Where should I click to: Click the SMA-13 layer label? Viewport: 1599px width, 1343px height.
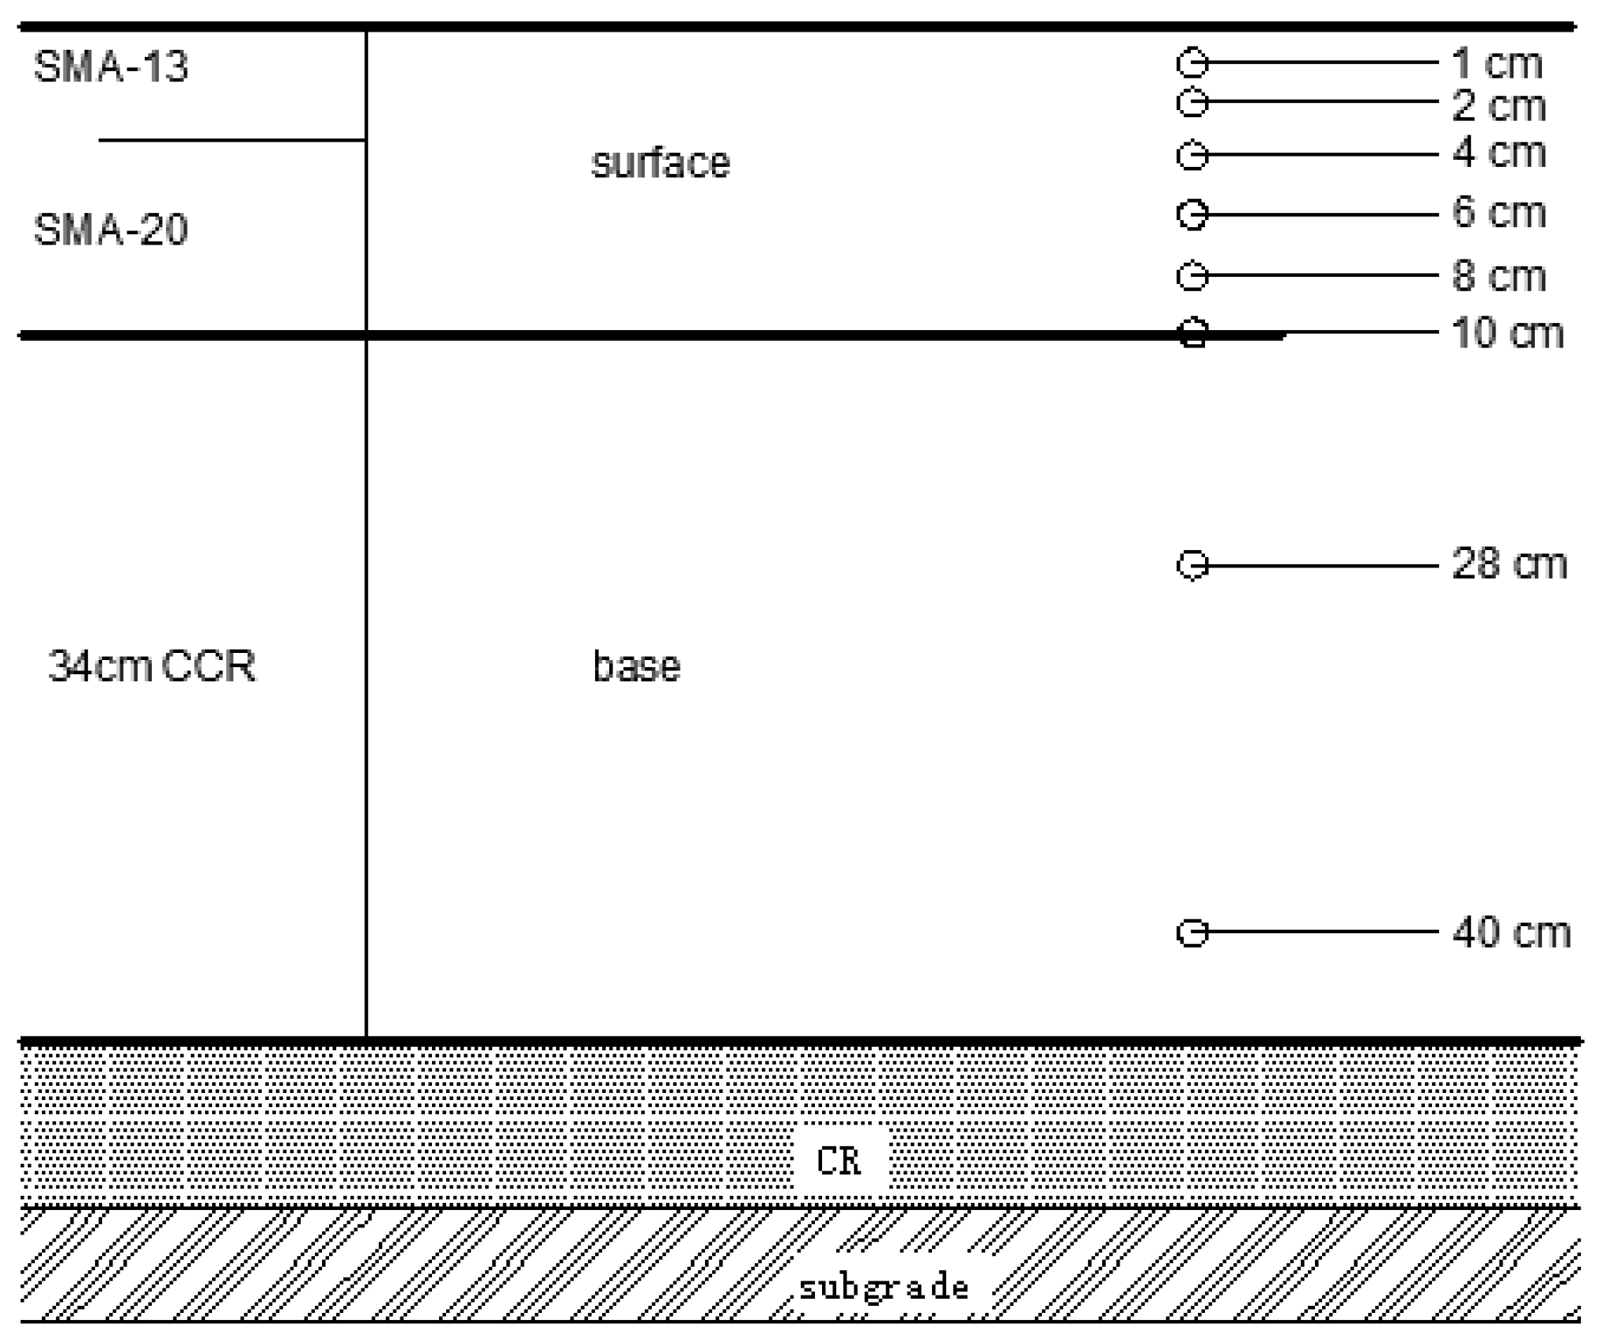pos(111,66)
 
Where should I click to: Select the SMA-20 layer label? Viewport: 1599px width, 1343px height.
pos(111,230)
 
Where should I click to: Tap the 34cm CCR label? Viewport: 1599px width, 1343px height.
pos(152,666)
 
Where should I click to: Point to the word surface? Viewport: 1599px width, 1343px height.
pos(661,164)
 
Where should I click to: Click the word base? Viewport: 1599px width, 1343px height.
pos(637,666)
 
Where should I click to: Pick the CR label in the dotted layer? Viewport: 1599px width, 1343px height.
pos(839,1161)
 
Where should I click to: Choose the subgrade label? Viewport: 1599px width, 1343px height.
pos(884,1288)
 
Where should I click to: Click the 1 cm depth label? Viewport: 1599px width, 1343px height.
pos(1498,64)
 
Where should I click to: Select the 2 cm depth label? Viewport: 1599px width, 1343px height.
pos(1499,106)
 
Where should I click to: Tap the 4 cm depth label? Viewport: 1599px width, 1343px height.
pos(1499,153)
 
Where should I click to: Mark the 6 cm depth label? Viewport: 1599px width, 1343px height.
pos(1499,213)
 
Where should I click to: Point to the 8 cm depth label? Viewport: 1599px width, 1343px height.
pos(1499,276)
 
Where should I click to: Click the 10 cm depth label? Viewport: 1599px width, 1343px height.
pos(1508,333)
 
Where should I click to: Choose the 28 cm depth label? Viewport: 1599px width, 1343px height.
pos(1510,564)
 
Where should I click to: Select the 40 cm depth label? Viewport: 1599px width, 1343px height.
pos(1511,932)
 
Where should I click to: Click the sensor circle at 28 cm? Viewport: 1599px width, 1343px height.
pos(1193,565)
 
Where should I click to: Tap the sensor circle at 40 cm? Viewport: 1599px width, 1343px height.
pos(1193,933)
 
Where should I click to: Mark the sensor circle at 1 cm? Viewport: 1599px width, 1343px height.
pos(1193,63)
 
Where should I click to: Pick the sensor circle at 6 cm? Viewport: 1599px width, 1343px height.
pos(1193,214)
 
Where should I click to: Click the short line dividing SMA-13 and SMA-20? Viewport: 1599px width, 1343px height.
pos(232,140)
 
